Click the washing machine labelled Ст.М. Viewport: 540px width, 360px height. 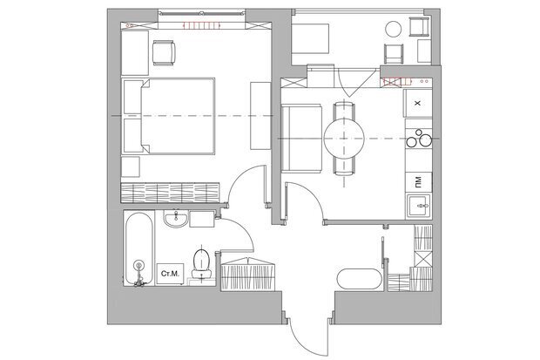(170, 274)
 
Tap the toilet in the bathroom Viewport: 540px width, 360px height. (202, 263)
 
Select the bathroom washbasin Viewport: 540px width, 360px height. (176, 219)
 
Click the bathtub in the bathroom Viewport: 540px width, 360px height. (138, 249)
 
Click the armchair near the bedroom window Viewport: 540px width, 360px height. (164, 53)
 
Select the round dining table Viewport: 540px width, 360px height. (344, 139)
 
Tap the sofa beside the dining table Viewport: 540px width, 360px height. (301, 139)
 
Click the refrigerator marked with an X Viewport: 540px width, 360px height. (418, 103)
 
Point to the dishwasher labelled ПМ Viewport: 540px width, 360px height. (418, 181)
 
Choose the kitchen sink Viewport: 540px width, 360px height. (419, 207)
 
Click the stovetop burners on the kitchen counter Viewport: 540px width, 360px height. (419, 139)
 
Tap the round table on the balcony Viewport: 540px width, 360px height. (394, 29)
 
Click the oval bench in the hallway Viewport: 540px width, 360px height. (359, 279)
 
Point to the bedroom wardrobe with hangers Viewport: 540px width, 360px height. (170, 193)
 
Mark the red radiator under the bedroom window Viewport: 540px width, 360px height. (202, 25)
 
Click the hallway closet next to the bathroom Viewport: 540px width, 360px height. (247, 274)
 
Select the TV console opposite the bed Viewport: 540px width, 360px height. (260, 116)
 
